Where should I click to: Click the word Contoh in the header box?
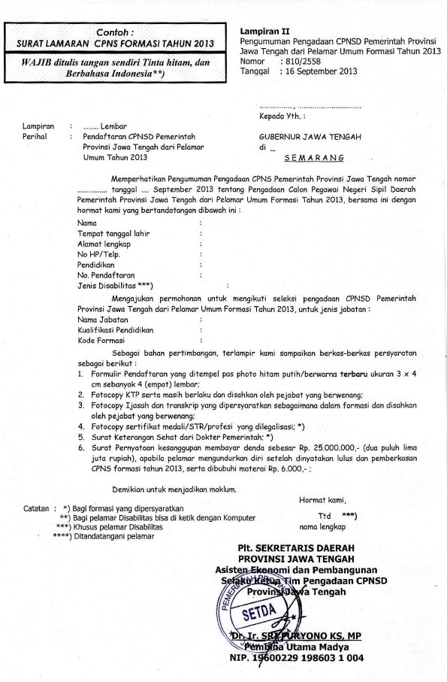coord(117,32)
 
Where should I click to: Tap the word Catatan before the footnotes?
coord(38,508)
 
